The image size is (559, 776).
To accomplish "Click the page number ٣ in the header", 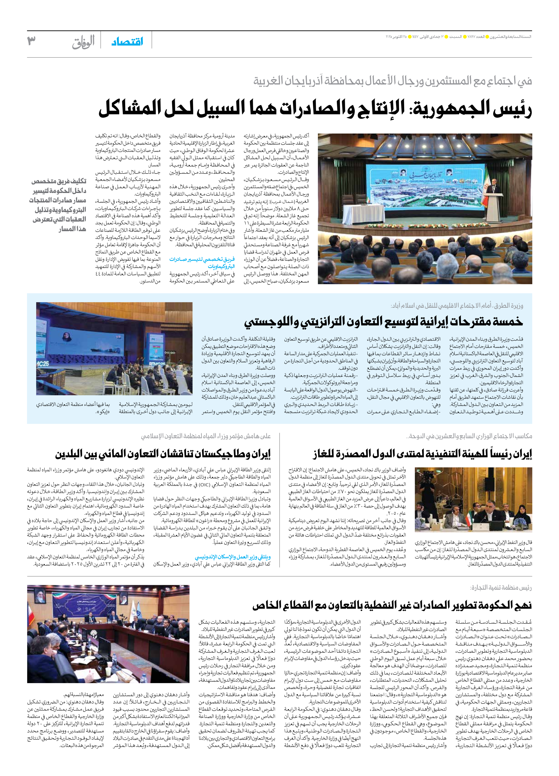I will point(32,41).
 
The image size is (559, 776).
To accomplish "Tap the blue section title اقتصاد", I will point(127,42).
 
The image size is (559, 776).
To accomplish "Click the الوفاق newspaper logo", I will point(83,42).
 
